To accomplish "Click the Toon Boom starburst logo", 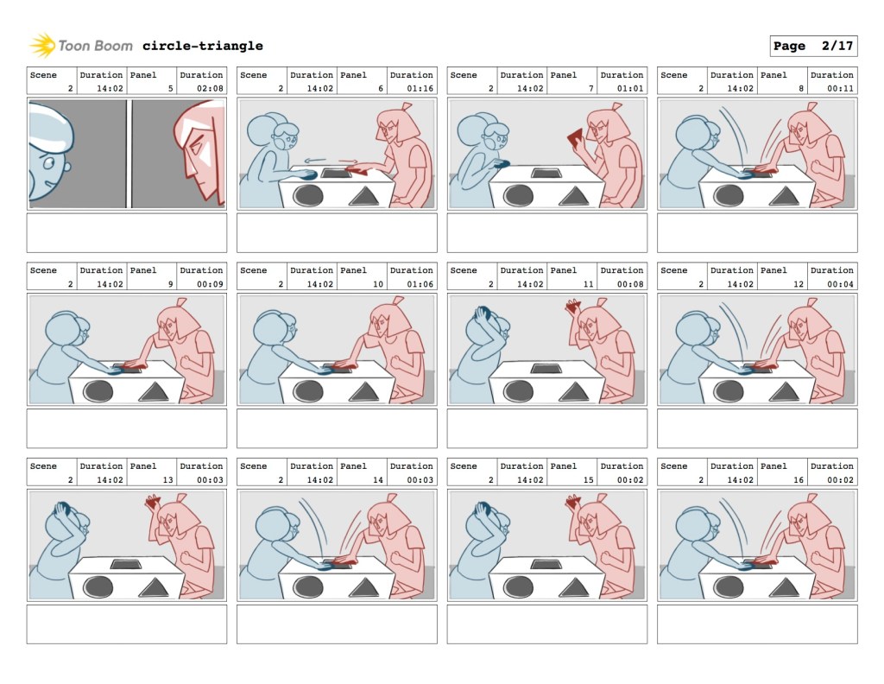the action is (42, 45).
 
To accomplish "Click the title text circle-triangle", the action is (202, 46).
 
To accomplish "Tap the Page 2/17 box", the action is (813, 46).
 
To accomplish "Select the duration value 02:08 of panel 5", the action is (210, 88).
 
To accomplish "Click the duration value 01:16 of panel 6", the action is (420, 88).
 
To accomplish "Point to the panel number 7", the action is (590, 88).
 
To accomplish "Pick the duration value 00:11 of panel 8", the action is (841, 88).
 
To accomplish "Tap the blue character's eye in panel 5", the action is (48, 163).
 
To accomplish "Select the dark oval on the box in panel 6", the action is (308, 196).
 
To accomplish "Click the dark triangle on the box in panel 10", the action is (363, 391).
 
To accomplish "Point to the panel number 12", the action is (799, 283).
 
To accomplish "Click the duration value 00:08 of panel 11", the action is (630, 283).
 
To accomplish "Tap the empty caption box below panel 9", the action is (127, 428).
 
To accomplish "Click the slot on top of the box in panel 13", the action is (126, 564).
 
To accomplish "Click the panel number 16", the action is (799, 480).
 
